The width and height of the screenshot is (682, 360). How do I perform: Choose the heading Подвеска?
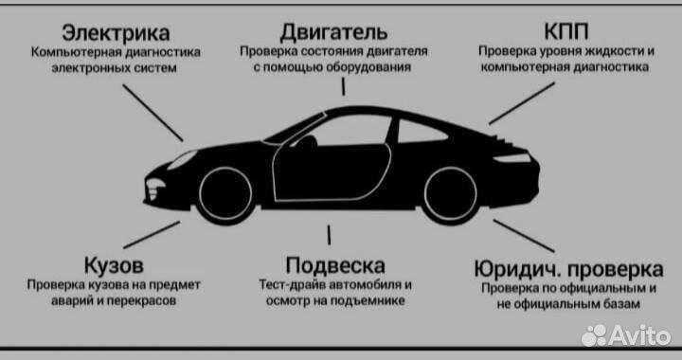point(334,262)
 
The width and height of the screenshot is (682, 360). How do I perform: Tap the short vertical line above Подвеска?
point(329,235)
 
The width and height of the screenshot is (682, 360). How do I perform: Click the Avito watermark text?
point(635,333)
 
